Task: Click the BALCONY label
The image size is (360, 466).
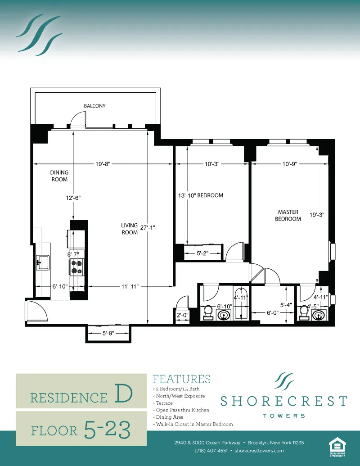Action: [x=94, y=106]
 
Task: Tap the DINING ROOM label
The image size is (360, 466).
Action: [x=59, y=176]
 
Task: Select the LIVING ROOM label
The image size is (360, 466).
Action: [x=130, y=229]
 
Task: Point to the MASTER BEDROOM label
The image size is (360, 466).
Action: [x=288, y=215]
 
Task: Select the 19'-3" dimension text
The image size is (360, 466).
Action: [x=317, y=215]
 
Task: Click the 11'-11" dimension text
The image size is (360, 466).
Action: [x=129, y=286]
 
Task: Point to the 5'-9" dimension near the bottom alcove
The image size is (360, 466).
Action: [x=108, y=334]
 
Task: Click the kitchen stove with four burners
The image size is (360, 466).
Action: [x=76, y=267]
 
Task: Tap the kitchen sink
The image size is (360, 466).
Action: [x=43, y=262]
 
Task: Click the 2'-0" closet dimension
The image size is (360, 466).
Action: [x=182, y=316]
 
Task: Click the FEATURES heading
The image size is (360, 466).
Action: [x=181, y=379]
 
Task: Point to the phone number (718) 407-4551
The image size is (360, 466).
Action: [x=211, y=451]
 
